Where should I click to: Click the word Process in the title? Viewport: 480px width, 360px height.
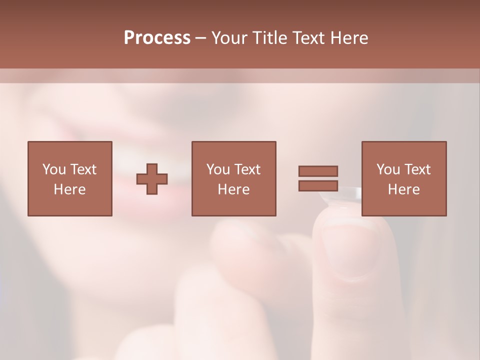pos(157,38)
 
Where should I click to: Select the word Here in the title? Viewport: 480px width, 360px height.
pos(349,38)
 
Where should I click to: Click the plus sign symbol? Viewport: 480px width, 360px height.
pos(152,179)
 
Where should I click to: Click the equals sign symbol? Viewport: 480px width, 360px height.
pos(318,178)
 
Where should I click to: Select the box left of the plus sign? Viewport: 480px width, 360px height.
pos(69,178)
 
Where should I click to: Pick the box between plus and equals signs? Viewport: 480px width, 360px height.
pos(233,178)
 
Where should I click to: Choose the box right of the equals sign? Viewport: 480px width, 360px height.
pos(403,178)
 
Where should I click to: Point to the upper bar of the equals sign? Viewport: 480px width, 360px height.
pos(318,171)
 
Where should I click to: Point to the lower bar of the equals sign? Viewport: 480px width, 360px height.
pos(318,185)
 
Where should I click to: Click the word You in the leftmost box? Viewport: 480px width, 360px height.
pos(53,169)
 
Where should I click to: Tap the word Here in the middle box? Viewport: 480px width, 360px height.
pos(233,189)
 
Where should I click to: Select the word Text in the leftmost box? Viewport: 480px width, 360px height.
pos(83,169)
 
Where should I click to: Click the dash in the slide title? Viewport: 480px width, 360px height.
pos(201,38)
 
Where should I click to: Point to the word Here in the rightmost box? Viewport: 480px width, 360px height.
pos(403,189)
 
